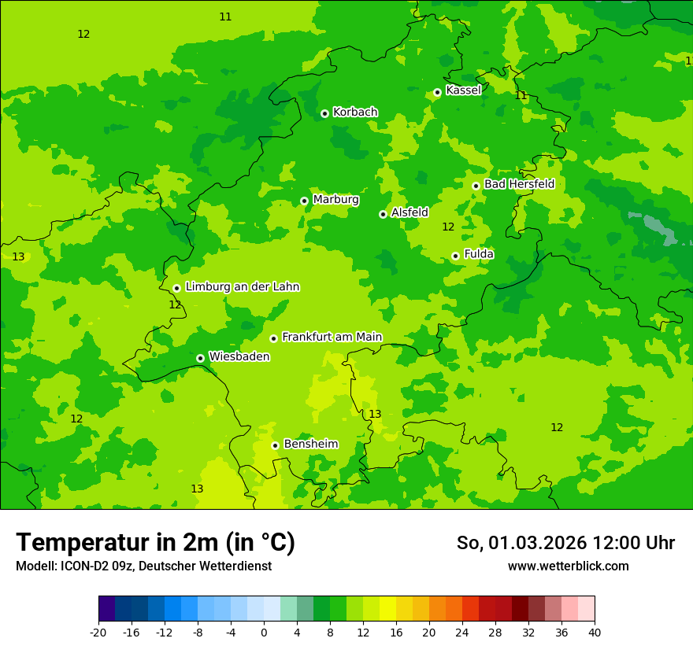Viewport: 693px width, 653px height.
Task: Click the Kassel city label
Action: tap(463, 90)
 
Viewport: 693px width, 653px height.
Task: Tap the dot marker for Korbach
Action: tap(324, 113)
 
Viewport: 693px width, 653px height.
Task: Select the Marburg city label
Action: tap(335, 200)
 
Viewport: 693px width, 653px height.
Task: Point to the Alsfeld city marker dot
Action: tap(383, 214)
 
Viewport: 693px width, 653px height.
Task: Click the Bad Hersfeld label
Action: tap(519, 184)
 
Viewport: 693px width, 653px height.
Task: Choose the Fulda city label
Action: tap(479, 254)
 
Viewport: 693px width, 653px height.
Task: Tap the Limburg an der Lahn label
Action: tap(242, 287)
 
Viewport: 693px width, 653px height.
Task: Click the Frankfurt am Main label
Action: tap(332, 337)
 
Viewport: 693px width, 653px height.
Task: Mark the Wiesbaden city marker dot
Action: tap(200, 358)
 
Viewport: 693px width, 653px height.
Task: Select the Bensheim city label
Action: tap(310, 444)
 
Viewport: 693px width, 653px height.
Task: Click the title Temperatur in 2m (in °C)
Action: tap(155, 542)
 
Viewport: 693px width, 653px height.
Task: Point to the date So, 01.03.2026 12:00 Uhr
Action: tap(565, 543)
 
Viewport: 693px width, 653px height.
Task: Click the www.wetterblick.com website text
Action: tap(568, 566)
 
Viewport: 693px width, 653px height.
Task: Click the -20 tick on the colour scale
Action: tap(98, 633)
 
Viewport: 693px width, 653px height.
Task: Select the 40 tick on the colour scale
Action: tap(594, 633)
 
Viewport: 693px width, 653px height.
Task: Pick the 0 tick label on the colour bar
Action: tap(264, 633)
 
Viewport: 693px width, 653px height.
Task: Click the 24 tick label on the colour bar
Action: tap(462, 633)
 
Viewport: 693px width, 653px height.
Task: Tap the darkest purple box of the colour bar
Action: tap(106, 609)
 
